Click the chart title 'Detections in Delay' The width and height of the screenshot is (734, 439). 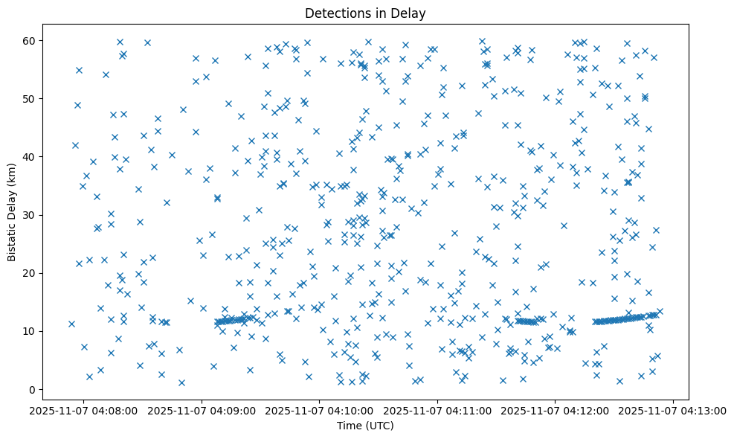click(365, 13)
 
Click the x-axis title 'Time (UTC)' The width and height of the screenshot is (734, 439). click(365, 426)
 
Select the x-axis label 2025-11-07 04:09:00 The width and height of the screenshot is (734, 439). click(202, 410)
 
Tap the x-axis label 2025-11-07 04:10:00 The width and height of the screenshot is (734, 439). click(320, 410)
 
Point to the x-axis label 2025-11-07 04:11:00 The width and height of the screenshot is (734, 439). click(438, 410)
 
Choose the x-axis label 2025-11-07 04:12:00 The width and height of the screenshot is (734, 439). click(556, 410)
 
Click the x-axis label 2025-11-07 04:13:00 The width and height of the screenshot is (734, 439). click(674, 410)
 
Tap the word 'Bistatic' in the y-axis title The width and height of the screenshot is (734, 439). click(12, 243)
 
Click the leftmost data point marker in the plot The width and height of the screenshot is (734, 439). click(71, 324)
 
